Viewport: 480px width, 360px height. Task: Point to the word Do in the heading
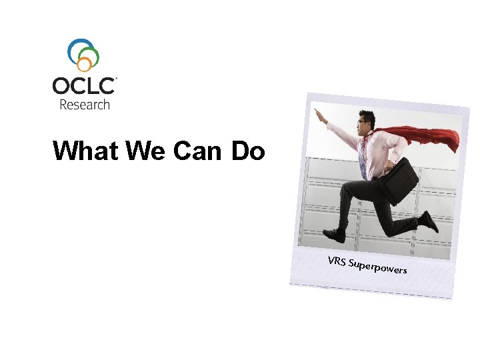click(248, 151)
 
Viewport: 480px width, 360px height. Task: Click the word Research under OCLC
click(85, 104)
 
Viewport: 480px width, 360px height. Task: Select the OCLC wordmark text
click(84, 87)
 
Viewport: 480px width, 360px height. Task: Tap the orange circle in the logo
click(85, 64)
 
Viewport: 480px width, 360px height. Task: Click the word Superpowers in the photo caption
click(378, 265)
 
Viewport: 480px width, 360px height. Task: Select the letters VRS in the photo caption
click(337, 259)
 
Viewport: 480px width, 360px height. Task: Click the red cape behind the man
click(430, 137)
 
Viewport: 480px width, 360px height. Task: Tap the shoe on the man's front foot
click(334, 235)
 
